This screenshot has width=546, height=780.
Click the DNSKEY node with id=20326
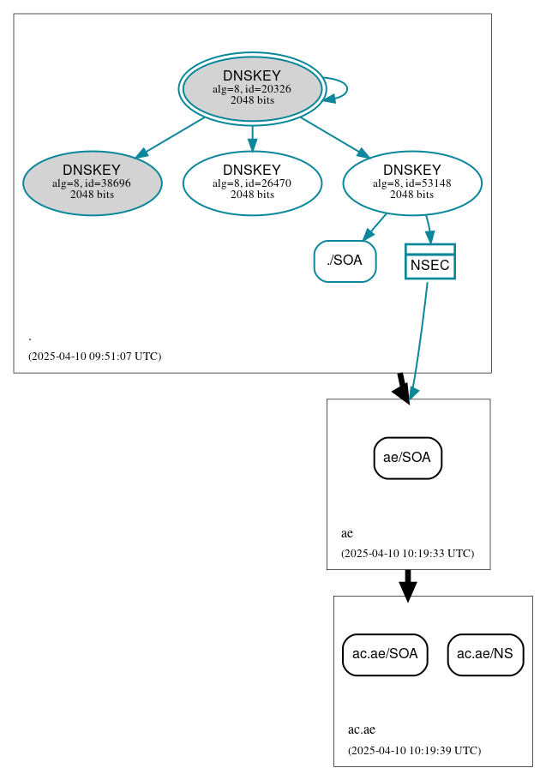tap(252, 88)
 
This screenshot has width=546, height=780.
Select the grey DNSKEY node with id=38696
tap(93, 183)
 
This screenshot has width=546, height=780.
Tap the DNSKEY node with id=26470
tap(252, 183)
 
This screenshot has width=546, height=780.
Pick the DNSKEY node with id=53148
tap(412, 183)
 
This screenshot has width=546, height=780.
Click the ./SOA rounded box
tap(345, 261)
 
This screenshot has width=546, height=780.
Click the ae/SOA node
tap(408, 458)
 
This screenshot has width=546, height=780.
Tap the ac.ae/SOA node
tap(385, 654)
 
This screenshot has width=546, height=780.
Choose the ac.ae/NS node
tap(485, 654)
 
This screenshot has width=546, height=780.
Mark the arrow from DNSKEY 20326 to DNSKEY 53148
tap(334, 137)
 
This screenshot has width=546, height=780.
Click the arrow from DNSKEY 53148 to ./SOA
tap(375, 226)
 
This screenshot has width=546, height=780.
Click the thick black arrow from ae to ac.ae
tap(408, 585)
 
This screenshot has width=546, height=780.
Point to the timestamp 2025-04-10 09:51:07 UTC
tap(94, 356)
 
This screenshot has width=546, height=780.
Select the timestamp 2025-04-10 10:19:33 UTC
tap(407, 553)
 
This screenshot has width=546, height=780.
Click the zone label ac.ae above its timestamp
tap(361, 730)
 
